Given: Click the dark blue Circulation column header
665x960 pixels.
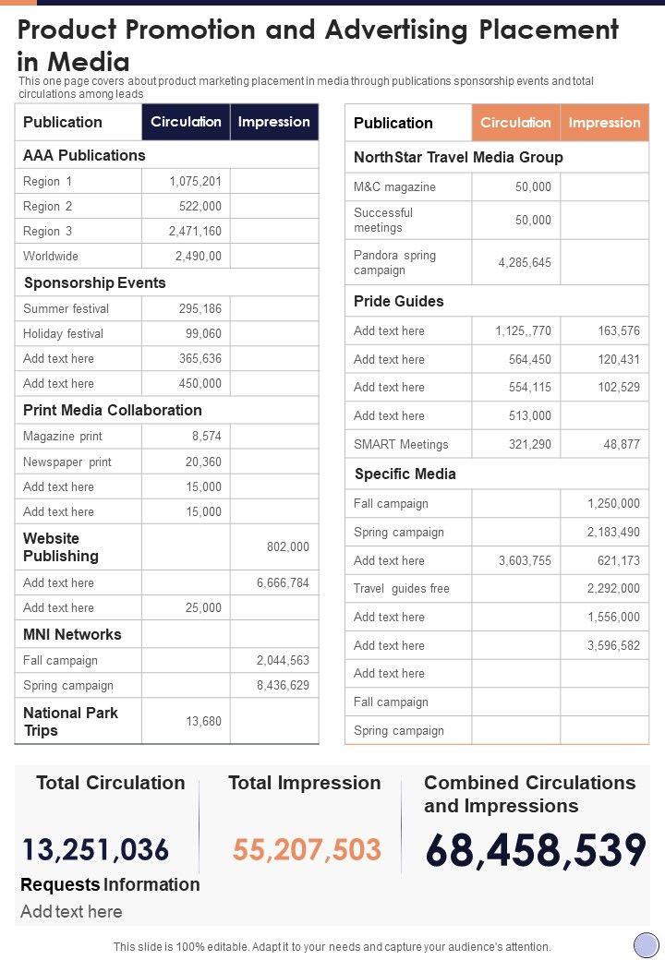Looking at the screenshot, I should pos(186,122).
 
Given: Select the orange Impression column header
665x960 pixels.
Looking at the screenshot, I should pos(604,123).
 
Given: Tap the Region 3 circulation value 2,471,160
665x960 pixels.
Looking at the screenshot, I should pos(195,231).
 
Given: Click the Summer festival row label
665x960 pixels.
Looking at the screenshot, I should pos(66,308).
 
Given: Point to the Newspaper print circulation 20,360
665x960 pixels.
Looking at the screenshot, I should pos(203,462).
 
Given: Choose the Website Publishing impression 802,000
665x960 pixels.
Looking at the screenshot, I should pos(288,546).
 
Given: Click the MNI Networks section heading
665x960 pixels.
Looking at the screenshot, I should pos(72,634).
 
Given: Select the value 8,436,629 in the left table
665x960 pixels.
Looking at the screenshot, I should pos(283,685).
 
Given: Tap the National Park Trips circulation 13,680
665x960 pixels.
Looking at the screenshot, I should pos(203,721).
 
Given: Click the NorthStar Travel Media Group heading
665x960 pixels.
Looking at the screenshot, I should pos(458,157).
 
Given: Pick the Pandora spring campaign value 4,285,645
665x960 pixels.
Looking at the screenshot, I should pos(525,262).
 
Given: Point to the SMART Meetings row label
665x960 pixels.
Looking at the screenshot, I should pos(401,444).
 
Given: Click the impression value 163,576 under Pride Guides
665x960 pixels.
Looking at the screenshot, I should pos(619,330).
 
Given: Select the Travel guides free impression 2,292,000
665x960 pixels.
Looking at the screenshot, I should pos(613,588).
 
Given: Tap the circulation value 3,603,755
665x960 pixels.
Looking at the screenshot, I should pos(525,560).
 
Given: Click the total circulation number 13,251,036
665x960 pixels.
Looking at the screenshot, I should pos(96,849).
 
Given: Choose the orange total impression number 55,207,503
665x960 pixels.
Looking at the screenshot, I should pos(307,849).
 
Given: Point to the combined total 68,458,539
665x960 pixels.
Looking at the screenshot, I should pos(536,850).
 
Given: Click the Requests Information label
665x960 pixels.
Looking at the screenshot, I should pos(110,884).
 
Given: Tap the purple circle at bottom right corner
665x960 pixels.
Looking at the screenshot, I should pos(646,944).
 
